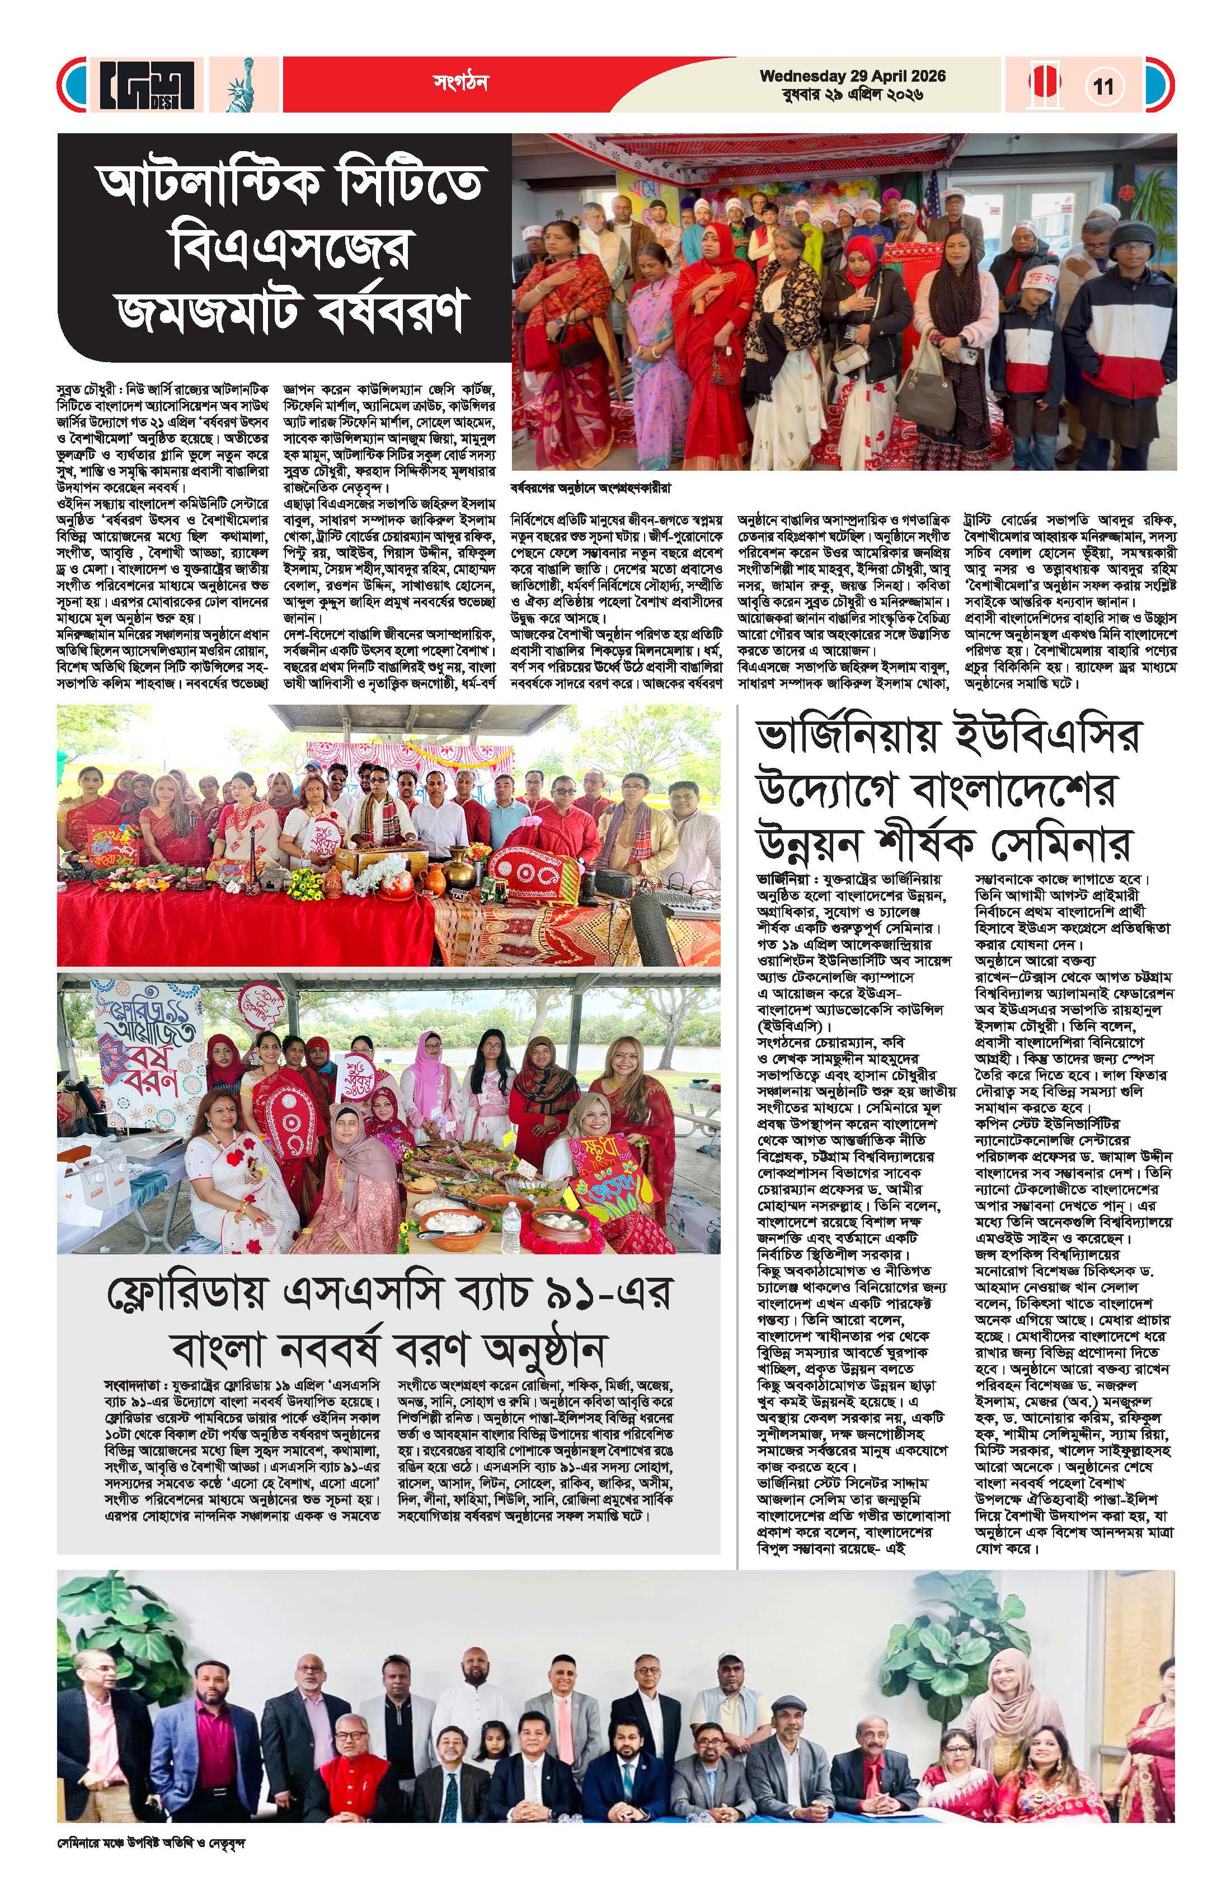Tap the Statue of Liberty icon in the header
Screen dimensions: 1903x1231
(238, 86)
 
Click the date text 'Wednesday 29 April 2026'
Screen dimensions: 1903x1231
(852, 76)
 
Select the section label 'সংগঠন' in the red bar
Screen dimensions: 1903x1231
(461, 82)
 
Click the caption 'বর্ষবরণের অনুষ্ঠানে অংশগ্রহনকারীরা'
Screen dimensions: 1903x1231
(591, 486)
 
